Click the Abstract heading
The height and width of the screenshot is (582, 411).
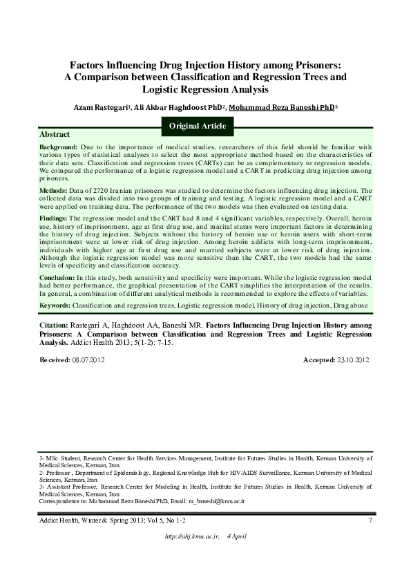coord(55,133)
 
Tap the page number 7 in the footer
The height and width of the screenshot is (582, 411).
coord(371,520)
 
